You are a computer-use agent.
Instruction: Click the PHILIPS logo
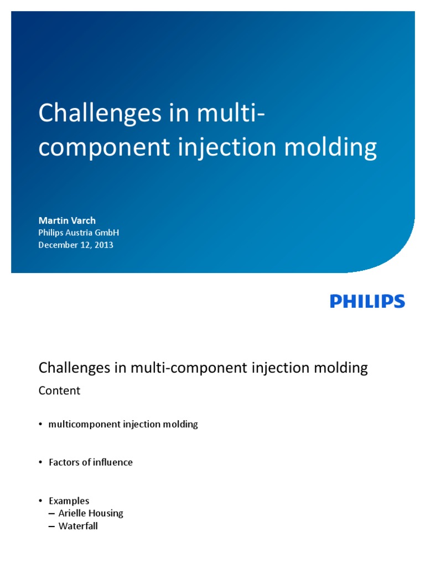pos(367,301)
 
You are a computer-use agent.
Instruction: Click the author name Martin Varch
pos(67,220)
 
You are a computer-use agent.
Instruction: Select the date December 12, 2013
pos(76,244)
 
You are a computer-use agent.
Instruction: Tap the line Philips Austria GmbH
pos(79,233)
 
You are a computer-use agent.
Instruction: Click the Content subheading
pos(59,390)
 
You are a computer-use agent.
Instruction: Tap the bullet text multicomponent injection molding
pos(123,425)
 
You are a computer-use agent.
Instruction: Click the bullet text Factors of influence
pos(91,462)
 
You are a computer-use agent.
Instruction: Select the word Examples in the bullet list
pos(69,501)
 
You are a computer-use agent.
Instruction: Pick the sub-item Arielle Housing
pos(91,513)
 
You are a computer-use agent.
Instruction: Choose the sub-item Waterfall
pos(78,526)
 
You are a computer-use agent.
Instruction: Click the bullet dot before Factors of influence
pos(40,462)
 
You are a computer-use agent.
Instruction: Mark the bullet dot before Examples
pos(40,501)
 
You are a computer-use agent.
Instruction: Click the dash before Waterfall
pos(52,526)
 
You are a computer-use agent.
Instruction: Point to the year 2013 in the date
pos(103,244)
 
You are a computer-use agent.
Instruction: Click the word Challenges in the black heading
pos(71,368)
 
